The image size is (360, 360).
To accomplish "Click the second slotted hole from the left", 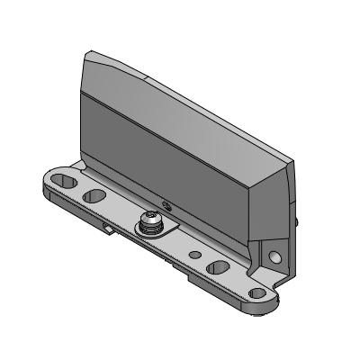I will [x=93, y=195].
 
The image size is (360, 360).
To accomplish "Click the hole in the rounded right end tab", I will [x=259, y=293].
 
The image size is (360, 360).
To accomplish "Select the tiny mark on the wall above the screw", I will [x=165, y=202].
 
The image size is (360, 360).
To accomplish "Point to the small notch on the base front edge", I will [x=109, y=229].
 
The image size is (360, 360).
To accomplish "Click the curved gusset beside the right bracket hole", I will [x=263, y=261].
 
